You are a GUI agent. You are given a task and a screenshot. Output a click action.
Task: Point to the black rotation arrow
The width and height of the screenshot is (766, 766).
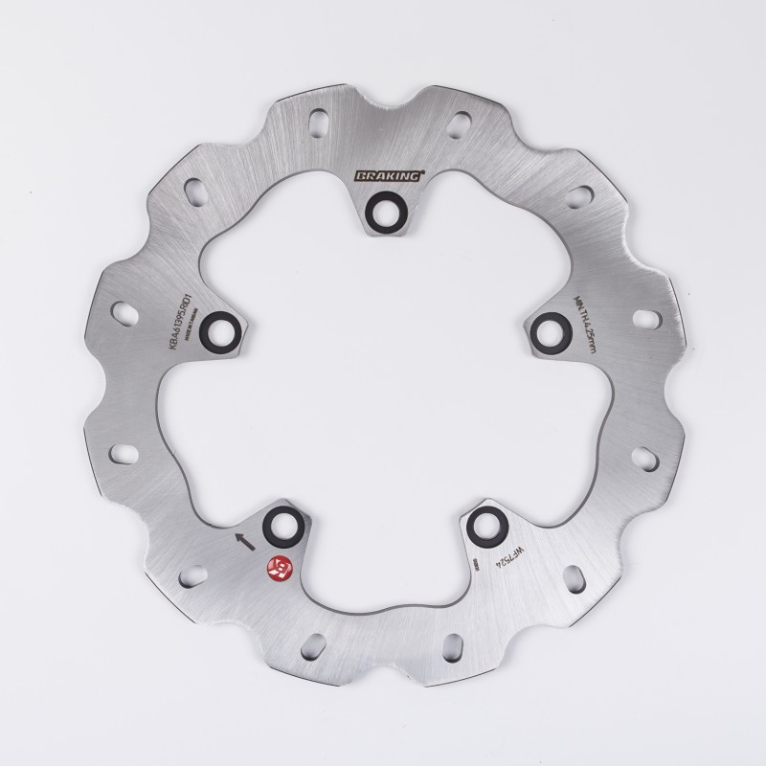(x=246, y=539)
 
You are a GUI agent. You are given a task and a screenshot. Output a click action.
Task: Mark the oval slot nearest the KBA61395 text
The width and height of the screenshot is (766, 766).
(x=124, y=313)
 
